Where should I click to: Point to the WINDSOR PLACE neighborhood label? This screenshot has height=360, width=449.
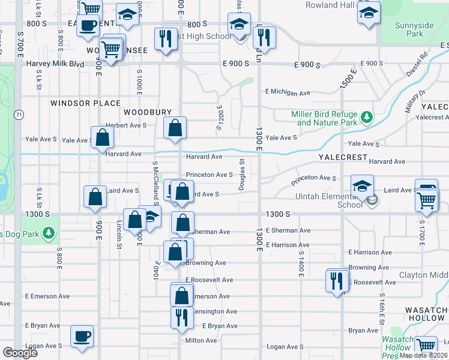[85, 103]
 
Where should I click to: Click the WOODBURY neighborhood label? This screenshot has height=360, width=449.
[148, 112]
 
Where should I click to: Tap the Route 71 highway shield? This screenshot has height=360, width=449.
[20, 114]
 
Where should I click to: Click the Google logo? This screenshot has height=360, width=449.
[20, 353]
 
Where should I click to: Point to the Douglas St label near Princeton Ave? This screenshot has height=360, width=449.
[241, 175]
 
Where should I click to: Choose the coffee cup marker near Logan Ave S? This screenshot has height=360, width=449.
[82, 337]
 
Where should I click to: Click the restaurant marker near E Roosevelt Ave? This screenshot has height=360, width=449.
[337, 280]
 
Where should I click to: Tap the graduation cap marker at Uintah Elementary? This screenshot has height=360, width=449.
[363, 186]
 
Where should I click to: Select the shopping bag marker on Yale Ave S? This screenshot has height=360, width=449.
[103, 137]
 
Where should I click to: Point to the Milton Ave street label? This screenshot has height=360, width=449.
[201, 340]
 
